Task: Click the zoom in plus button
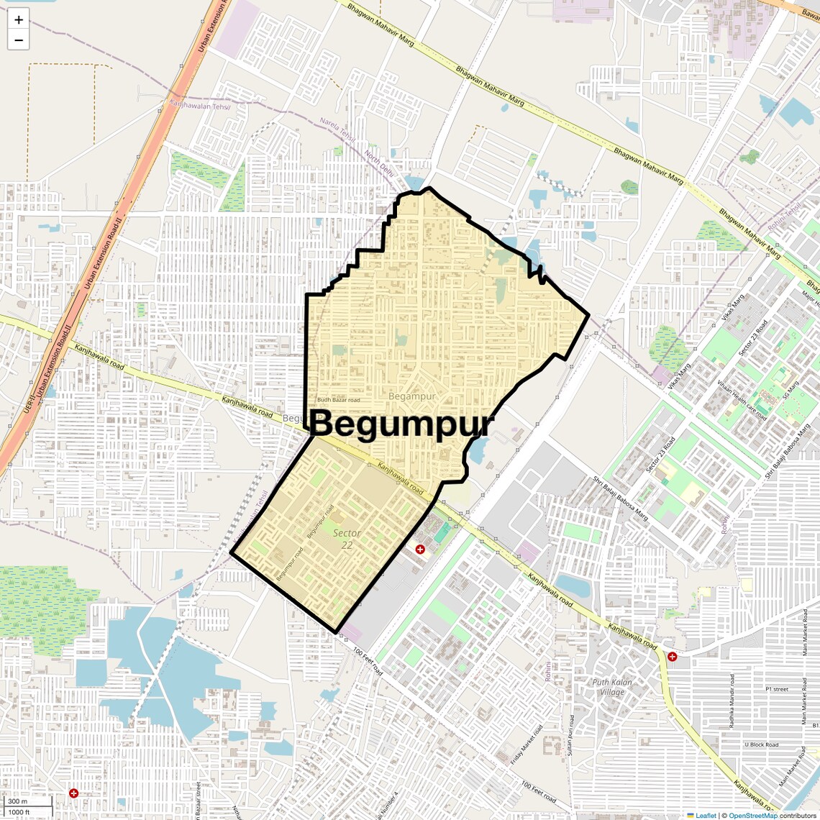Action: click(19, 20)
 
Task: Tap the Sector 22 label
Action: click(347, 539)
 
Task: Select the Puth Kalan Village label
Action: click(612, 687)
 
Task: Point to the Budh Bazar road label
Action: click(339, 400)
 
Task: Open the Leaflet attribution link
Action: click(701, 815)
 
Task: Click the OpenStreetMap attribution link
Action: click(752, 815)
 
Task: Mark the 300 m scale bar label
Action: click(18, 801)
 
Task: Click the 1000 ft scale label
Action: click(19, 812)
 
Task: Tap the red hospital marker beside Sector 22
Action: click(420, 550)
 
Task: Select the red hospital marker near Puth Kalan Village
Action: click(672, 657)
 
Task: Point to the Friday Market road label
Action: click(527, 745)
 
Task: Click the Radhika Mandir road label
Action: click(732, 701)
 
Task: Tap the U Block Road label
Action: click(761, 745)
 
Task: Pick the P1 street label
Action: click(777, 689)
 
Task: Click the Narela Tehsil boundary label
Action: click(337, 129)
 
